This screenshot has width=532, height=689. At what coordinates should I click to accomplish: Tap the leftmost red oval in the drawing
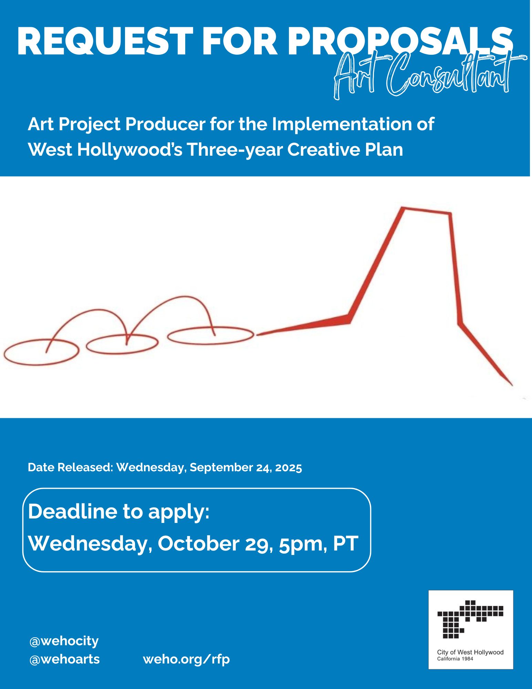pos(41,352)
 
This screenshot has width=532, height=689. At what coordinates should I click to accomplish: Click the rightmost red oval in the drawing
pos(211,336)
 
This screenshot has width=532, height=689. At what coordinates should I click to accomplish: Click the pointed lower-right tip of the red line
pos(512,385)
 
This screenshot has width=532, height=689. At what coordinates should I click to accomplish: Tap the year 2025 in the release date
pos(288,467)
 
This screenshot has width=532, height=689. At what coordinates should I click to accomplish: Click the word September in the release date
pos(221,468)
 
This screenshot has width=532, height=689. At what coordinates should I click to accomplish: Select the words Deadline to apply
pos(119,512)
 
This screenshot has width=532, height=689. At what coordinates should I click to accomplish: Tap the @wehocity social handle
pos(64,641)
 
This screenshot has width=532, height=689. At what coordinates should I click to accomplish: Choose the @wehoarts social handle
pos(65,659)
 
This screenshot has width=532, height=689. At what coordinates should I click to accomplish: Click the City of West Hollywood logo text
pos(470,652)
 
